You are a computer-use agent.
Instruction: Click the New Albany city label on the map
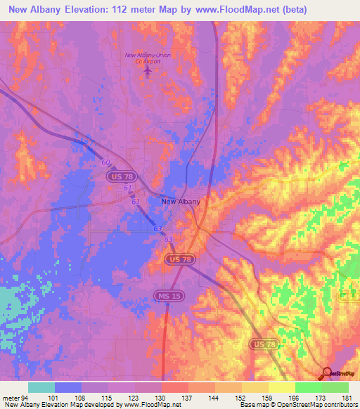(181, 202)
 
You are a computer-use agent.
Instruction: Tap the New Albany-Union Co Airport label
(148, 58)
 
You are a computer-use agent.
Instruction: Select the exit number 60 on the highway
(105, 162)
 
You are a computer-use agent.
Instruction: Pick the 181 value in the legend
(347, 398)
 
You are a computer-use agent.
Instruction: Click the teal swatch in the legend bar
(41, 387)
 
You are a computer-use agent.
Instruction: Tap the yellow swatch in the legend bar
(282, 387)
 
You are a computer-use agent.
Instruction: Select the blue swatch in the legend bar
(68, 387)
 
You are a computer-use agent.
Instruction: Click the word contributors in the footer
(341, 405)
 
